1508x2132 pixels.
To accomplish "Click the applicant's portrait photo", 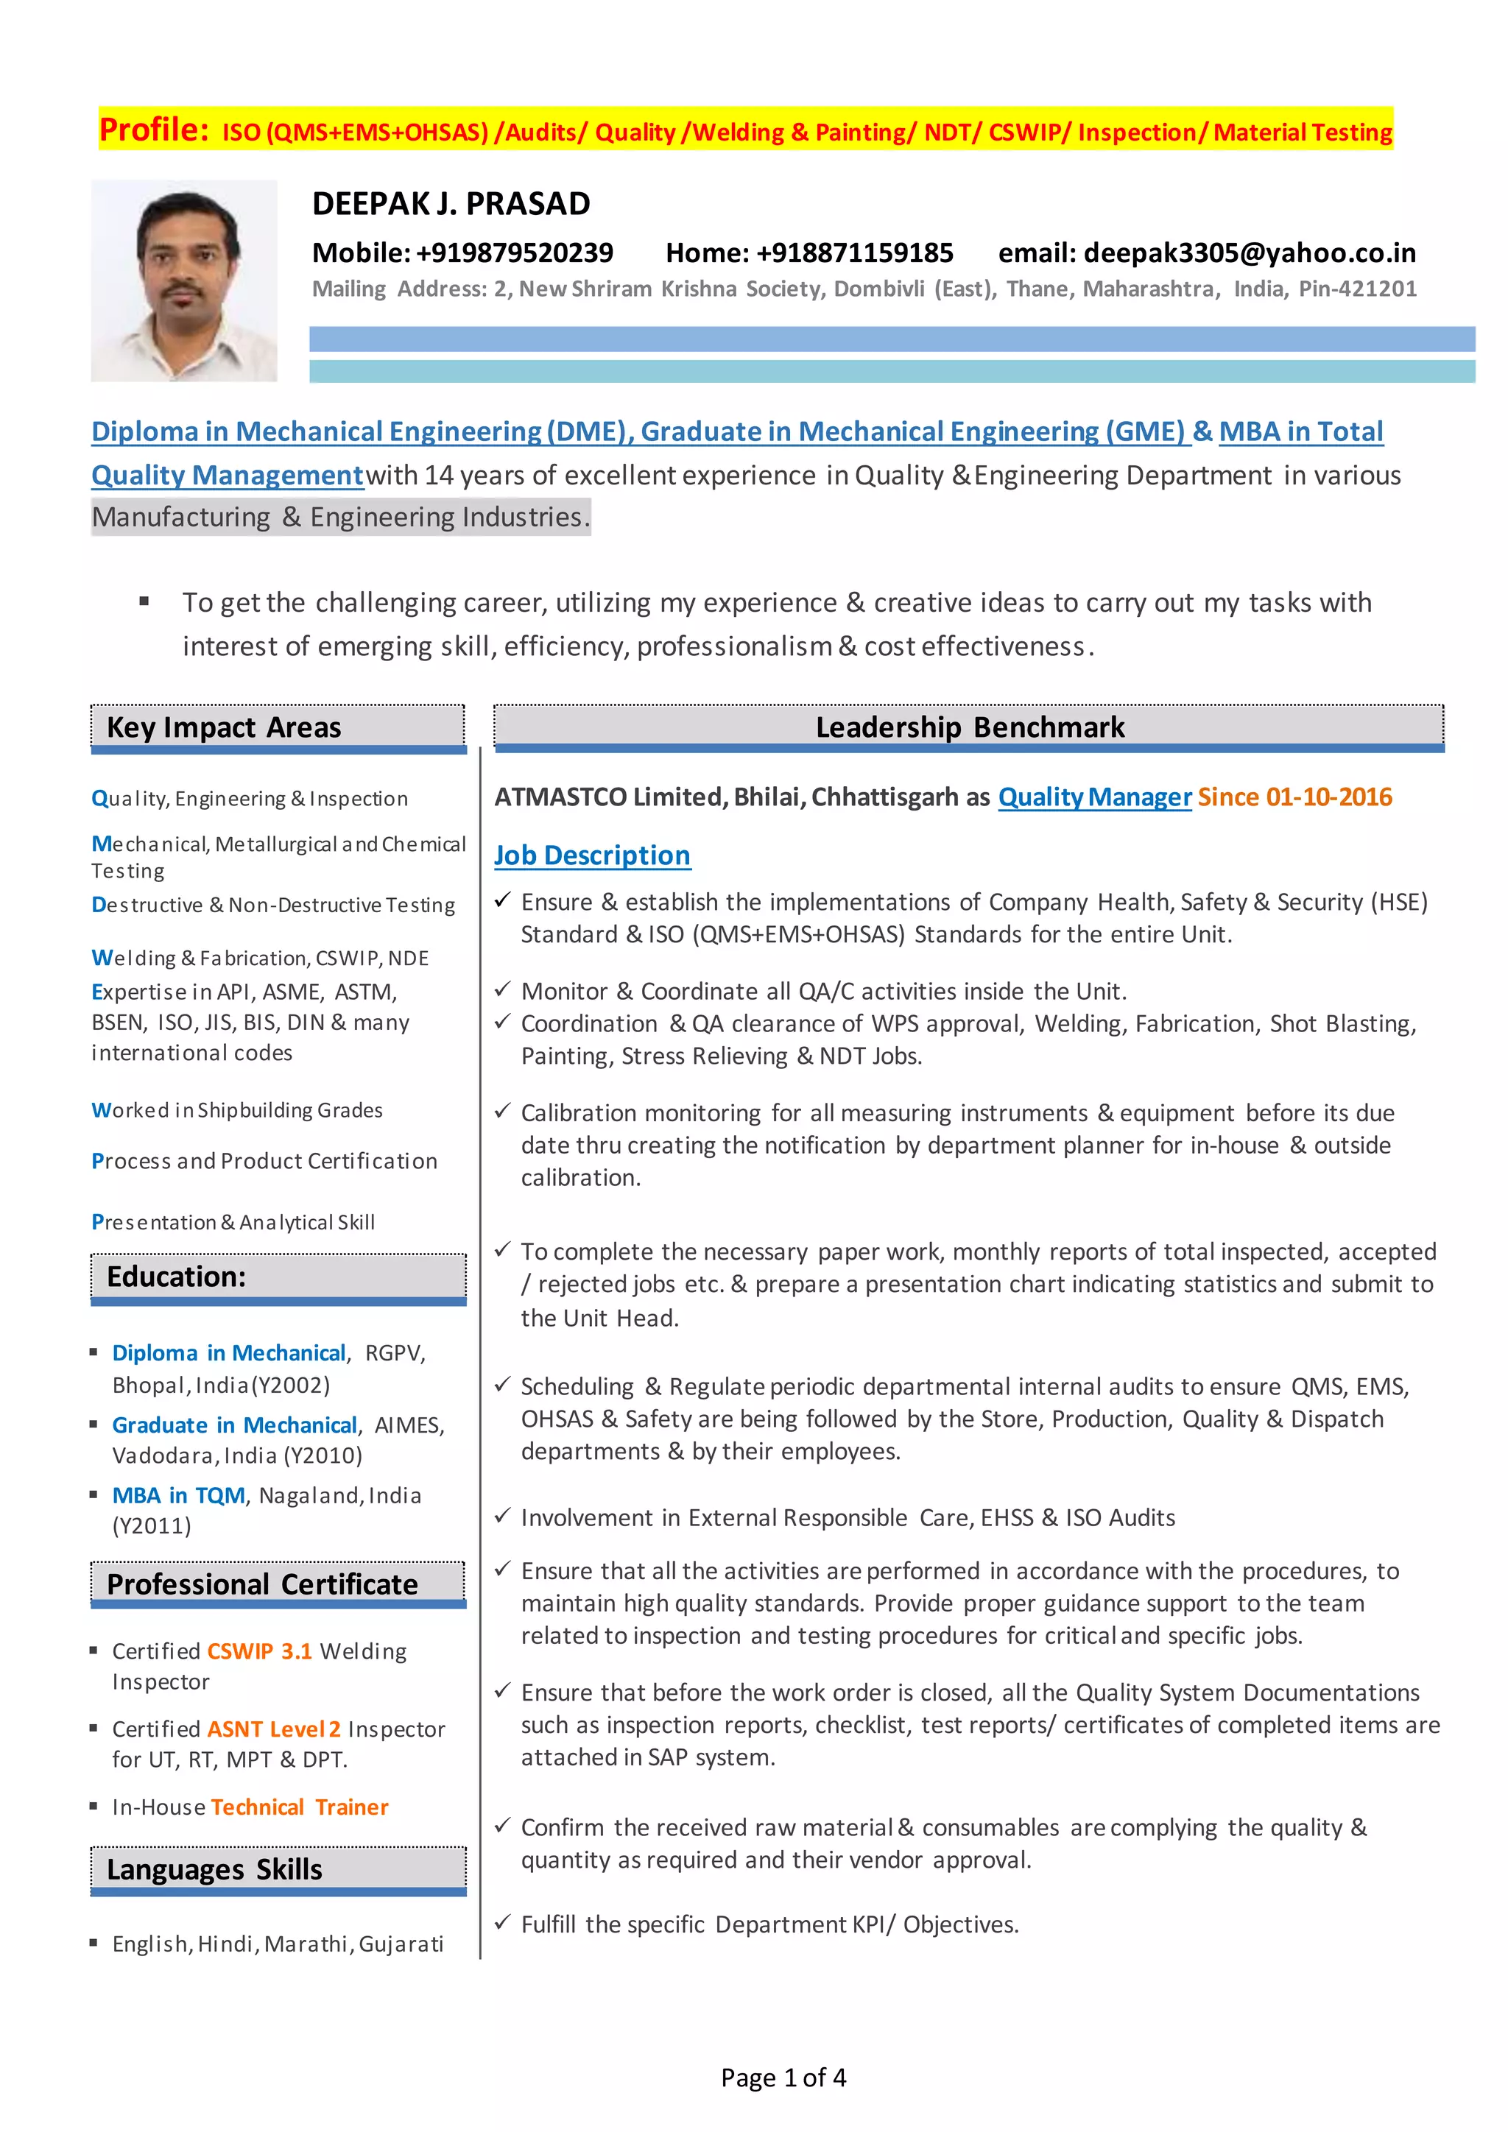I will click(x=184, y=280).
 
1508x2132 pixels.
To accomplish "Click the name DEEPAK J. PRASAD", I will click(x=451, y=204).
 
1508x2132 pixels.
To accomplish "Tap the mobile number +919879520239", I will click(x=515, y=253).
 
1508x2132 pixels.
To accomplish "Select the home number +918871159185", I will click(x=854, y=253).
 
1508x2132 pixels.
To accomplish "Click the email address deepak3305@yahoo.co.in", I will click(x=1249, y=253).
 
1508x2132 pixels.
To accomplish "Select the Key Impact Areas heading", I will click(x=224, y=727).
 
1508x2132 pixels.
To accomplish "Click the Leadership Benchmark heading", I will click(x=970, y=727).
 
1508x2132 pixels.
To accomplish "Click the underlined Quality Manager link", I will click(x=1094, y=797).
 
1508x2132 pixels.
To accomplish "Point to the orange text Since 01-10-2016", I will click(x=1294, y=797).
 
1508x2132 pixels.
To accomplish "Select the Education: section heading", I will click(x=177, y=1277).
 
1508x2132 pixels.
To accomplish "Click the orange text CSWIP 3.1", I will click(x=259, y=1651).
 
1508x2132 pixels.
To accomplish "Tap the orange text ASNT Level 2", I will click(x=274, y=1729).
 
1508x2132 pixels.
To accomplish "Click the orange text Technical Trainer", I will click(x=299, y=1807).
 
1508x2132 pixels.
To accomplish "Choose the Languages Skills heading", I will click(x=214, y=1869).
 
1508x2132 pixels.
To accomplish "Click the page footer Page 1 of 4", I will click(x=783, y=2078).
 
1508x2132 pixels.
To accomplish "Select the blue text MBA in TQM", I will click(x=178, y=1495).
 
